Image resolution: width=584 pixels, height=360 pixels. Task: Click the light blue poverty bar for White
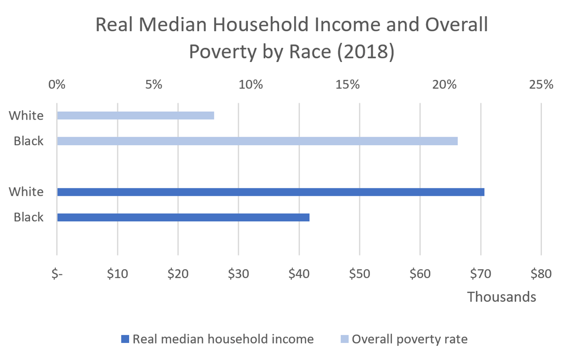click(x=135, y=115)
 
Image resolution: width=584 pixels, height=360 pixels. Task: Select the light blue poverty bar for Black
click(x=257, y=141)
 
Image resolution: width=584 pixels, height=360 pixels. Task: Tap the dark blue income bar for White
click(x=270, y=192)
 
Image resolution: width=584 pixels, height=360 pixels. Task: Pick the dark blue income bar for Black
click(x=183, y=218)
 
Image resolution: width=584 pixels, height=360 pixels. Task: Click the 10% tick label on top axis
click(x=251, y=85)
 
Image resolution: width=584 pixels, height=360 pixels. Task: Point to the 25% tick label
click(x=541, y=85)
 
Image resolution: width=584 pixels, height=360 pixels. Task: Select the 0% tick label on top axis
click(x=57, y=85)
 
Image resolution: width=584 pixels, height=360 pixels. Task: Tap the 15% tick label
click(x=348, y=85)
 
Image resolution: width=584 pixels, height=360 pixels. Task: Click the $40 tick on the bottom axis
click(x=299, y=274)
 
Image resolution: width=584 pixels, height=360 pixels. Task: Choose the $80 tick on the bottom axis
click(x=541, y=274)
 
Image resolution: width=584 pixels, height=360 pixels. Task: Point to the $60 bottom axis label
click(x=420, y=274)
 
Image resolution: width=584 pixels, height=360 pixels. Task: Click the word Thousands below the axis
click(x=502, y=297)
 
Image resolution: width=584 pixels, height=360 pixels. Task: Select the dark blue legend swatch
click(x=125, y=339)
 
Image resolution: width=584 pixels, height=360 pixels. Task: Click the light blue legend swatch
click(x=344, y=339)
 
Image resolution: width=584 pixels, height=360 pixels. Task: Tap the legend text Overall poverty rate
click(x=410, y=339)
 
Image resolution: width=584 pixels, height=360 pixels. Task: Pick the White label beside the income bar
click(x=26, y=192)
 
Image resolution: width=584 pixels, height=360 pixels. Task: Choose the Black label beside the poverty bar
click(x=28, y=141)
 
